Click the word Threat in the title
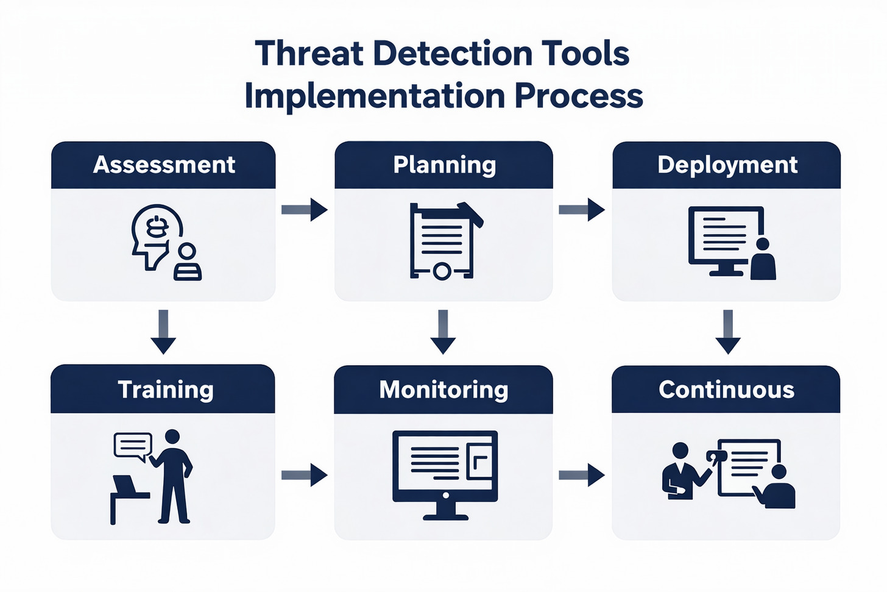coord(309,54)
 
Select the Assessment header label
coord(164,165)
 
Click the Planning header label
coord(444,165)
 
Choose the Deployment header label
coord(727,165)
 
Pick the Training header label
coord(165,390)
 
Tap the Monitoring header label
coord(443,390)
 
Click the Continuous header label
coord(726,390)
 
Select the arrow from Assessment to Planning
coord(305,210)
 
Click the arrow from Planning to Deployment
coord(582,210)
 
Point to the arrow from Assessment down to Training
coord(163,332)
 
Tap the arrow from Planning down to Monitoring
coord(443,332)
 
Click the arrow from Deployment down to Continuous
coord(727,332)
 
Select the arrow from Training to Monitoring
coord(305,474)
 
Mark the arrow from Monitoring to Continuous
coord(582,474)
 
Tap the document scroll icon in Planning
coord(443,241)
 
